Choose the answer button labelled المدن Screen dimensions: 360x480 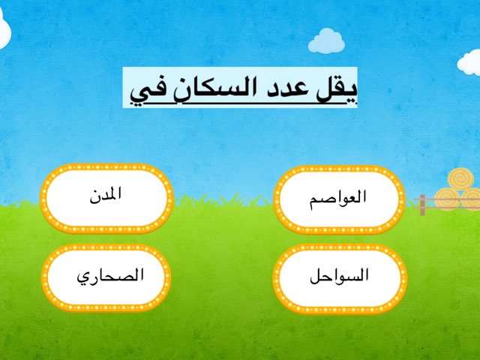(106, 196)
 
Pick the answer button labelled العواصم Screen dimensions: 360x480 (340, 199)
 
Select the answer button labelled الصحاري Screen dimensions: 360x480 (106, 276)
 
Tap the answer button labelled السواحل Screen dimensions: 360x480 (340, 276)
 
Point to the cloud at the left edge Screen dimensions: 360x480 (6, 30)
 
